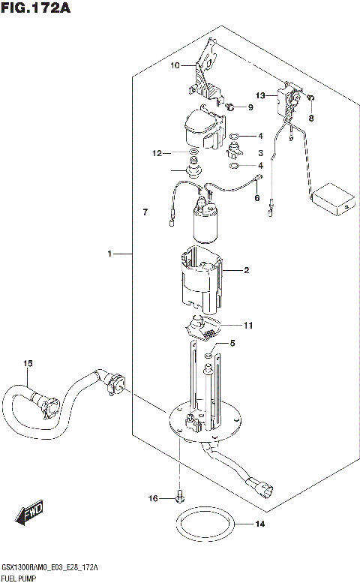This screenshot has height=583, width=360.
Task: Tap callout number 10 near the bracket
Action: (x=175, y=66)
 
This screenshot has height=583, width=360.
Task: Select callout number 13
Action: (x=260, y=96)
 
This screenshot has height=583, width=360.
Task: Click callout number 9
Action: (x=250, y=108)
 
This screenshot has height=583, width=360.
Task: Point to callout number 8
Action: (x=311, y=118)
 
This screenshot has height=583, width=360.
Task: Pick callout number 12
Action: (x=156, y=154)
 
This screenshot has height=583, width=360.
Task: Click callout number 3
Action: (x=260, y=152)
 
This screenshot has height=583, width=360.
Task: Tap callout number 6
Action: (x=256, y=198)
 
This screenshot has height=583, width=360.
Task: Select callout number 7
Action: (x=145, y=214)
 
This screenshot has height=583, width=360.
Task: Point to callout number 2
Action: (x=245, y=271)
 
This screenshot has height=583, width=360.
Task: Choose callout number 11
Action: (x=248, y=325)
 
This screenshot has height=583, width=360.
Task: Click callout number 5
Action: (x=232, y=344)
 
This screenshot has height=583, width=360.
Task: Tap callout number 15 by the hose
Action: (x=28, y=364)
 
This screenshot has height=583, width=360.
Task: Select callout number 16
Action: (x=152, y=497)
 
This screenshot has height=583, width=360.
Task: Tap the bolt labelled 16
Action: (x=178, y=496)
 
